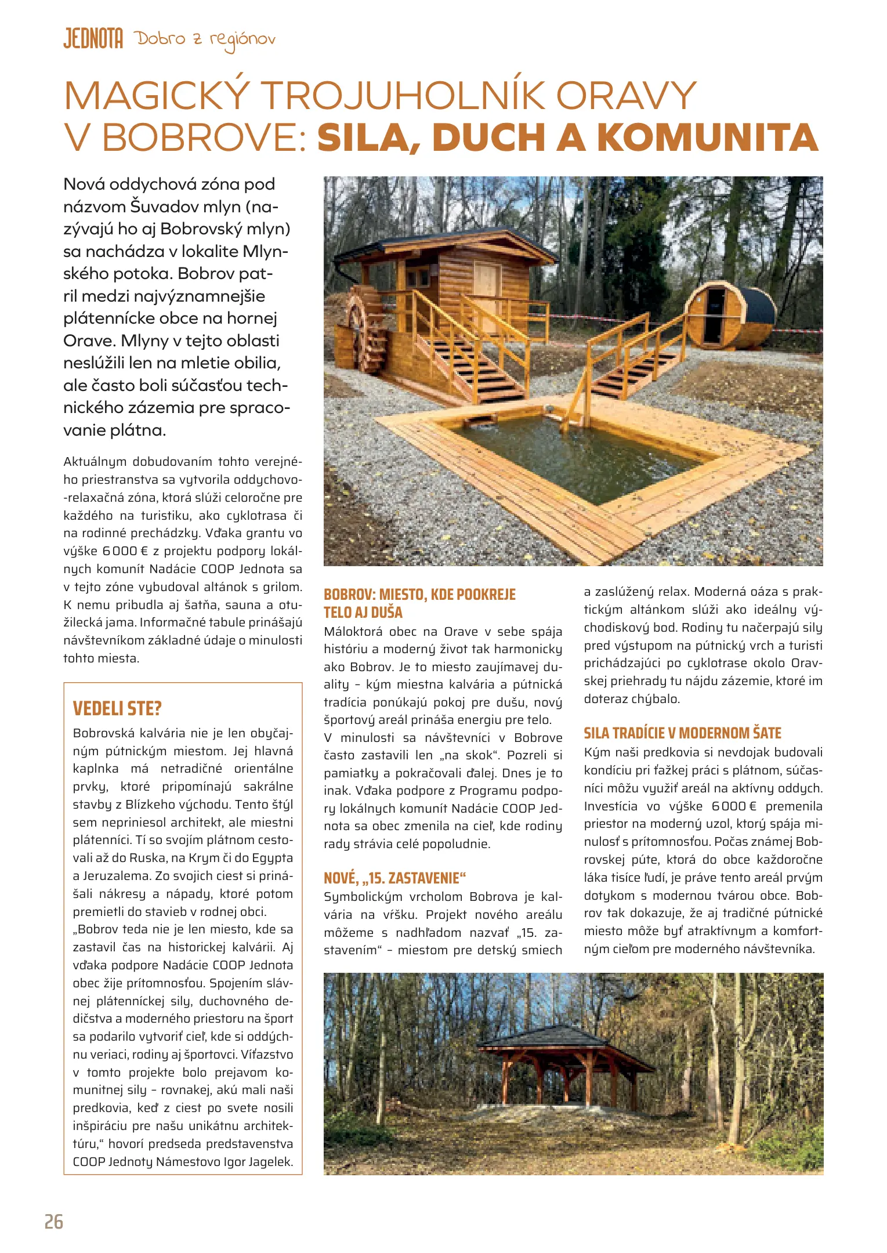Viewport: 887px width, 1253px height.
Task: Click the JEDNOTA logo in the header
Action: (93, 39)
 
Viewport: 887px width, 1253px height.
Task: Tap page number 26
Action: (54, 1221)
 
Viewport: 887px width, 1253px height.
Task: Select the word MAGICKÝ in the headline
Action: (157, 96)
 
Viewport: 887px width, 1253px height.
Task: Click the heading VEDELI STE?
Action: (117, 708)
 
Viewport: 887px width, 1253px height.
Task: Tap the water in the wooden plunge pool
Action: (574, 458)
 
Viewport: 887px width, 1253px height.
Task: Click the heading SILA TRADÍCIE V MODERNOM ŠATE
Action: (682, 733)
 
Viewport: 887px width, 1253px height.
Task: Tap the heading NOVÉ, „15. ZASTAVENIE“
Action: (394, 878)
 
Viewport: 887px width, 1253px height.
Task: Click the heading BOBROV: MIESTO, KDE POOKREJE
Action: (419, 595)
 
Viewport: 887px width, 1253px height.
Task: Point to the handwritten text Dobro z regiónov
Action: (205, 40)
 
